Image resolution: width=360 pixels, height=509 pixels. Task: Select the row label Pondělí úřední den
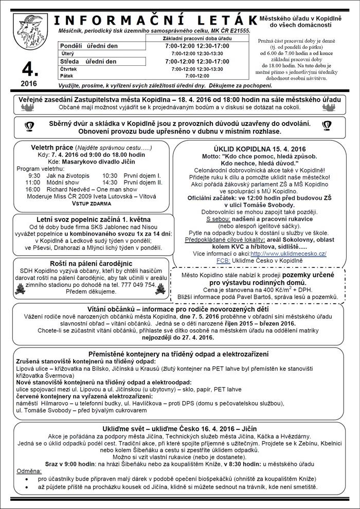tap(88, 46)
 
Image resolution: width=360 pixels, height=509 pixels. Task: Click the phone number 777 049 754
tap(138, 284)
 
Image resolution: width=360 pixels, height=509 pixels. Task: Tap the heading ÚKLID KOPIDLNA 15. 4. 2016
tap(260, 146)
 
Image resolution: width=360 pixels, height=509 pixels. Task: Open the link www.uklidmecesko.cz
tap(295, 253)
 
